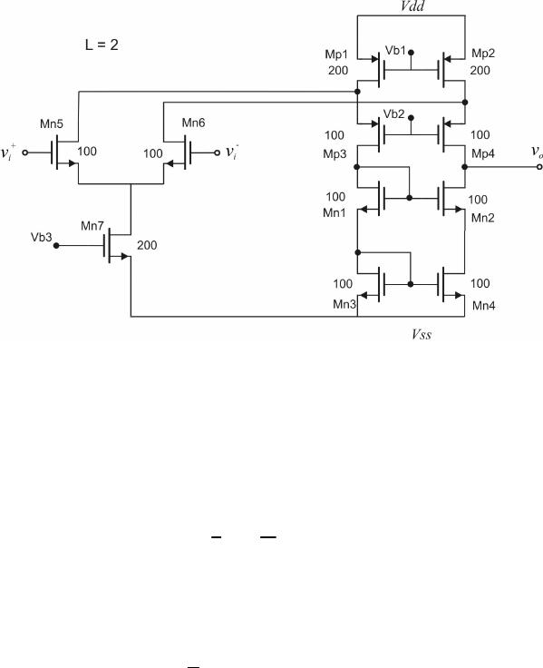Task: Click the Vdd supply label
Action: [412, 6]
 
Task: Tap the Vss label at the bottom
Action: [422, 334]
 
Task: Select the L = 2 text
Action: [102, 44]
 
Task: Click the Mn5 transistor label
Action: [52, 124]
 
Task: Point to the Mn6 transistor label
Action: [194, 123]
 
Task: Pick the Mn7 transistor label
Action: [92, 226]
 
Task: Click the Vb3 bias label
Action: [42, 237]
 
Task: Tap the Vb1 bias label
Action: [395, 50]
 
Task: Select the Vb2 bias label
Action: [393, 114]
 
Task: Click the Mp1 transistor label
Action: [336, 54]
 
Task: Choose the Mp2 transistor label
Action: [483, 54]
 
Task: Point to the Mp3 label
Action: [335, 153]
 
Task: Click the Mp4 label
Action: [483, 153]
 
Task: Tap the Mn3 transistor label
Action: [344, 304]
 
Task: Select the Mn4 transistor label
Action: [484, 306]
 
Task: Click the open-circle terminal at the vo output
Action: [539, 167]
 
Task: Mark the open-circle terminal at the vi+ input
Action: [25, 152]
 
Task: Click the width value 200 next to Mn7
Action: [147, 245]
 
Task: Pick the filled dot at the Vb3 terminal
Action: [56, 246]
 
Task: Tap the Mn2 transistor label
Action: [483, 218]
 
